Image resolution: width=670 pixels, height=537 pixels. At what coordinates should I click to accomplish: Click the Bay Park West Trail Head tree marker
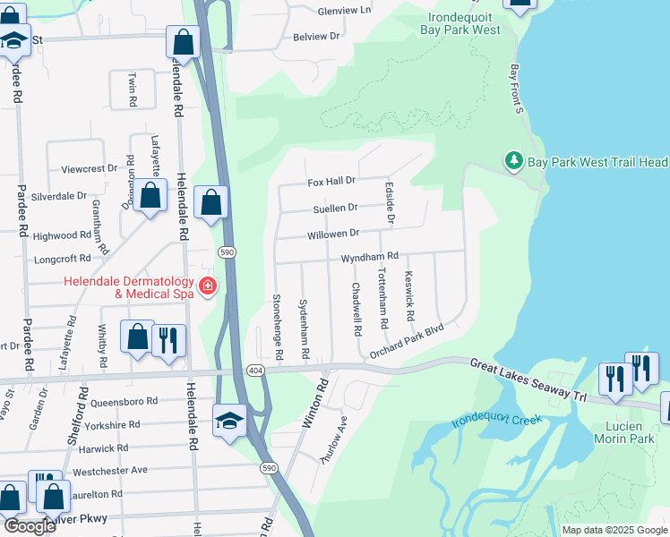pyautogui.click(x=514, y=162)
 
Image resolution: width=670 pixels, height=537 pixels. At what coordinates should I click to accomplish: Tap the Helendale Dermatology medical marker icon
pyautogui.click(x=208, y=286)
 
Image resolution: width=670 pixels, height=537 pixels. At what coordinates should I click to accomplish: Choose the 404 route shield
pyautogui.click(x=254, y=370)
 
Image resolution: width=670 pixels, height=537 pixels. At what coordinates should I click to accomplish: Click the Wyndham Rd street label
pyautogui.click(x=368, y=258)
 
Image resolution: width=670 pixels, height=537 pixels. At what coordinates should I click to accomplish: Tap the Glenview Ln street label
pyautogui.click(x=344, y=11)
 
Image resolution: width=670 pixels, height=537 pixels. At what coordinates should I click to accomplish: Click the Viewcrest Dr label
pyautogui.click(x=89, y=168)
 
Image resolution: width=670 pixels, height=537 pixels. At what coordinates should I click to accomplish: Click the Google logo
pyautogui.click(x=29, y=526)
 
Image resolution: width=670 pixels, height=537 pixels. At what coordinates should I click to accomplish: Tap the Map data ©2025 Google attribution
pyautogui.click(x=614, y=530)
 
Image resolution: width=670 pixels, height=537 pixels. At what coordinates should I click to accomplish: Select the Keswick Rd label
pyautogui.click(x=408, y=291)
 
